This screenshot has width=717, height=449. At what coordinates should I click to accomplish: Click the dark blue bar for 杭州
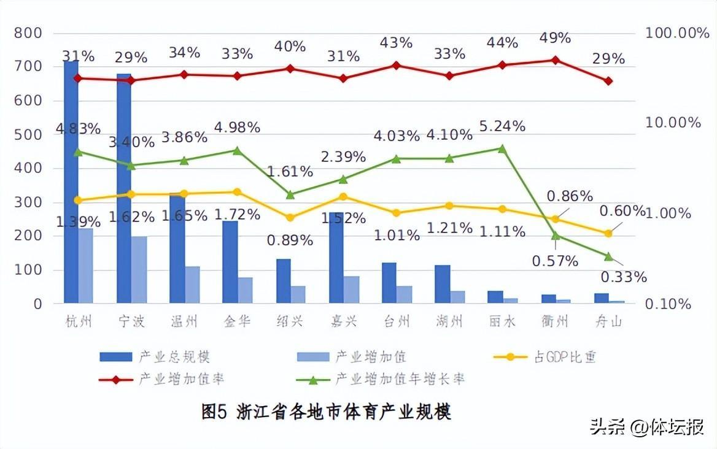tap(71, 184)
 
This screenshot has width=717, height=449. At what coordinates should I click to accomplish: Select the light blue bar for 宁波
tap(139, 270)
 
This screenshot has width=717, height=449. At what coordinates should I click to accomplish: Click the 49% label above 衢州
tap(555, 38)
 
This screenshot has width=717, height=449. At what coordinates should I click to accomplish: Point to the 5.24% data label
tap(502, 126)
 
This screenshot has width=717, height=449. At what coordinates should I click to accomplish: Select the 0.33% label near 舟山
tap(623, 277)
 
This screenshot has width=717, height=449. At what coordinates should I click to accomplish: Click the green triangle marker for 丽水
tap(502, 148)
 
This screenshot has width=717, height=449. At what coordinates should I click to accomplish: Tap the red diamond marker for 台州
tap(396, 65)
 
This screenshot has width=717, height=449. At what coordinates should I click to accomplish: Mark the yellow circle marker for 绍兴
tap(290, 218)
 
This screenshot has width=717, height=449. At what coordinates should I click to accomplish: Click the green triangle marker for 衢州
tap(556, 236)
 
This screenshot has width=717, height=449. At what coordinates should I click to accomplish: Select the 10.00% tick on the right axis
tap(673, 123)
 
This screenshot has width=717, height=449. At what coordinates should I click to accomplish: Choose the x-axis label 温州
tap(184, 321)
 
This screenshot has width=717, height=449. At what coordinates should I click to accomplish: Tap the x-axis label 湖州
tap(449, 321)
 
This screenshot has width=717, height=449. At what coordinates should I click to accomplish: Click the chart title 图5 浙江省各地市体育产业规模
tap(327, 412)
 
